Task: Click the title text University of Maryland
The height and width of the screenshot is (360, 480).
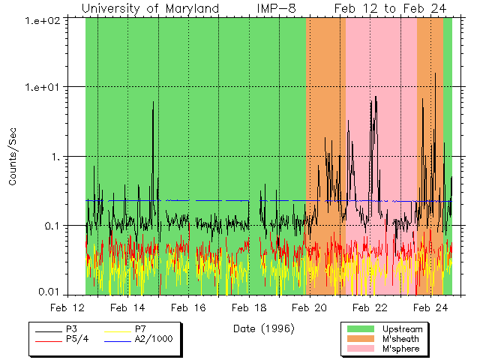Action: [150, 8]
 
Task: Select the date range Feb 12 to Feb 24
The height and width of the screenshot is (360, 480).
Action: [382, 8]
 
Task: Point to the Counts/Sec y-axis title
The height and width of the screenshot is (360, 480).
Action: [13, 156]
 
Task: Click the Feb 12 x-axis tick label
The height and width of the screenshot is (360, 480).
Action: [67, 307]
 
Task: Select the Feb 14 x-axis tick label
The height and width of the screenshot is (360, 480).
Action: [127, 307]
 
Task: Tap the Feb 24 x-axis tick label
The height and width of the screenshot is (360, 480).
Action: [430, 307]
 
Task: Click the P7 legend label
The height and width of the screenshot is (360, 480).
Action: [140, 329]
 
